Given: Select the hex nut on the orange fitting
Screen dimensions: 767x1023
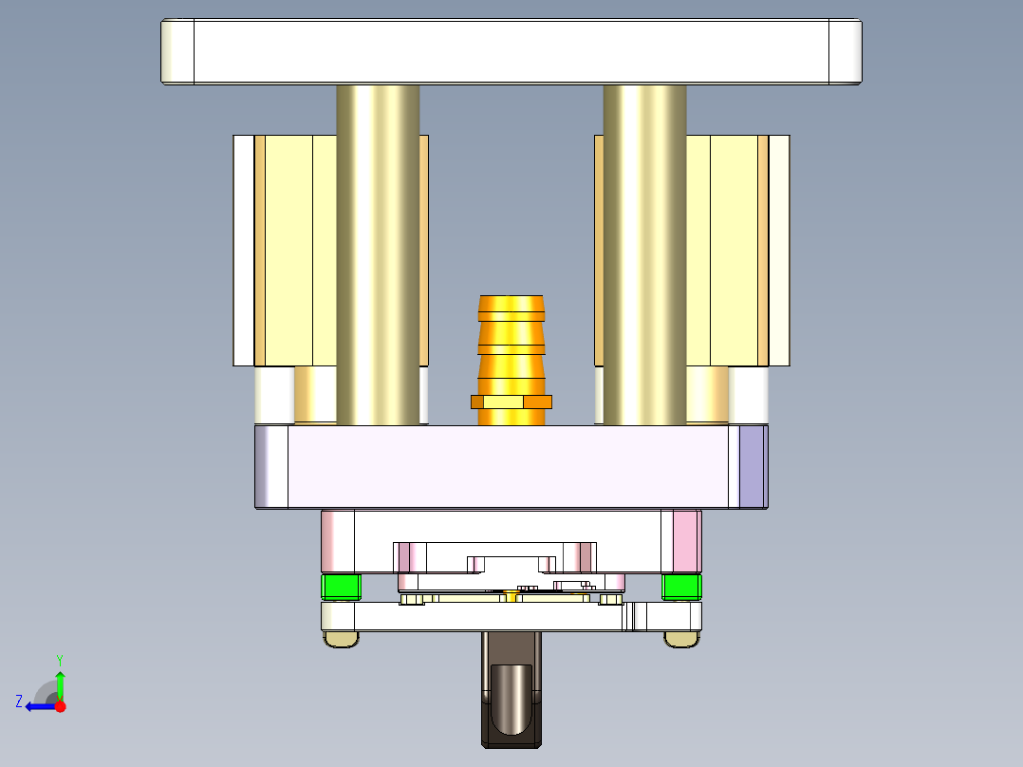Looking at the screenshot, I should pyautogui.click(x=512, y=402).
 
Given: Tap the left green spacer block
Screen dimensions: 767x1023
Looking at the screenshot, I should pyautogui.click(x=341, y=587).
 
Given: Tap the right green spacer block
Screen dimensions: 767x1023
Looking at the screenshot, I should pyautogui.click(x=681, y=587).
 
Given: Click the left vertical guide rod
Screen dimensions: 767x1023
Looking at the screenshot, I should pyautogui.click(x=378, y=256).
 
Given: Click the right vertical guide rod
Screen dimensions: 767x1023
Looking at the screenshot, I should pyautogui.click(x=644, y=256).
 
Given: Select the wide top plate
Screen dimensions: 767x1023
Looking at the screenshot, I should pyautogui.click(x=512, y=51).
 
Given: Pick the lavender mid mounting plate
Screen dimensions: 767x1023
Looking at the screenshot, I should pyautogui.click(x=512, y=466).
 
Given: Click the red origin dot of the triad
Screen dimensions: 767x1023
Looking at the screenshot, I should pyautogui.click(x=60, y=706).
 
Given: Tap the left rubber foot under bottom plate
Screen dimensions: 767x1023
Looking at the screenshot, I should pyautogui.click(x=341, y=640).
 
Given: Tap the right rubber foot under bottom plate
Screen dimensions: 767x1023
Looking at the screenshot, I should pyautogui.click(x=681, y=640).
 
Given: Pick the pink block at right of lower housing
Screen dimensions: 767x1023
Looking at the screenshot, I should pyautogui.click(x=686, y=541).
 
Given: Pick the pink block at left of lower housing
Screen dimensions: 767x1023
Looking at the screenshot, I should pyautogui.click(x=337, y=541).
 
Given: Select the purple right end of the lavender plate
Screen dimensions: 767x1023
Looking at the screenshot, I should pyautogui.click(x=752, y=466).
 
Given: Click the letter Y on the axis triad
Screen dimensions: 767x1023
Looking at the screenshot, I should pyautogui.click(x=60, y=659).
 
